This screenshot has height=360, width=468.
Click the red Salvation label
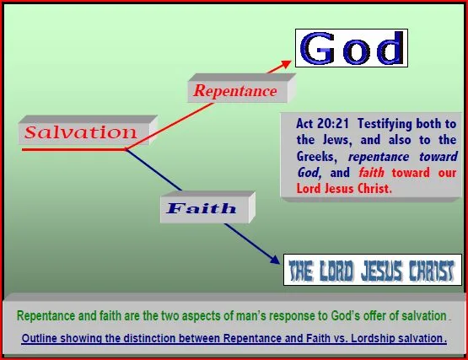(x=81, y=132)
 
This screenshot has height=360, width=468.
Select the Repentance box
(x=241, y=88)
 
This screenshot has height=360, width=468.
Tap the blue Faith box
(x=207, y=207)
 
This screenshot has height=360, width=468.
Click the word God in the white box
(x=352, y=48)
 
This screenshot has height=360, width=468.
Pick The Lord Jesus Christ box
(x=373, y=270)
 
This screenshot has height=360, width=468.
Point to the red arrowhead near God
(x=285, y=64)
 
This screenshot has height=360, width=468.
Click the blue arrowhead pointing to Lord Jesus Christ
(x=274, y=260)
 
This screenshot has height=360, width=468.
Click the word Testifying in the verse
(x=385, y=124)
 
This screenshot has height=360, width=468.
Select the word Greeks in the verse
(x=317, y=157)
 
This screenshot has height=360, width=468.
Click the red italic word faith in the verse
(x=371, y=173)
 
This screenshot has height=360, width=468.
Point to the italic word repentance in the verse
(x=379, y=157)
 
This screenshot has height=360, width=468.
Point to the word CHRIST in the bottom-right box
(x=431, y=271)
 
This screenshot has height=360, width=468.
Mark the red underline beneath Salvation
(x=74, y=149)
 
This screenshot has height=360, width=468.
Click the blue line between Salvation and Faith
(x=153, y=169)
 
